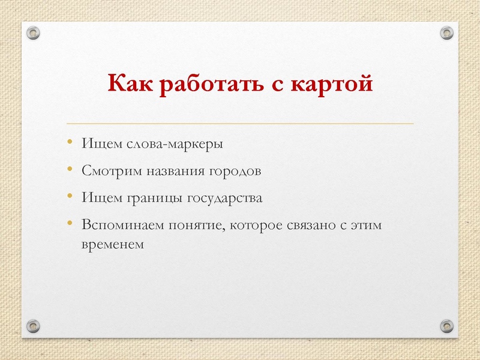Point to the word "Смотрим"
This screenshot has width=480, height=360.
tap(111, 172)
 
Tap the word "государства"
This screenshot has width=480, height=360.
tap(226, 198)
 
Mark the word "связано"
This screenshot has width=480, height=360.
tap(308, 225)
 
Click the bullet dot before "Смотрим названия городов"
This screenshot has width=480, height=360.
tap(70, 170)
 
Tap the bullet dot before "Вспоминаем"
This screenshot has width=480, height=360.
tap(70, 223)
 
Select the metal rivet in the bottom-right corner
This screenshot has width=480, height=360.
tap(446, 326)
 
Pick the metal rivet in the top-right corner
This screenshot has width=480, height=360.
tap(446, 32)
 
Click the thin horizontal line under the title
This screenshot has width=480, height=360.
tap(240, 124)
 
